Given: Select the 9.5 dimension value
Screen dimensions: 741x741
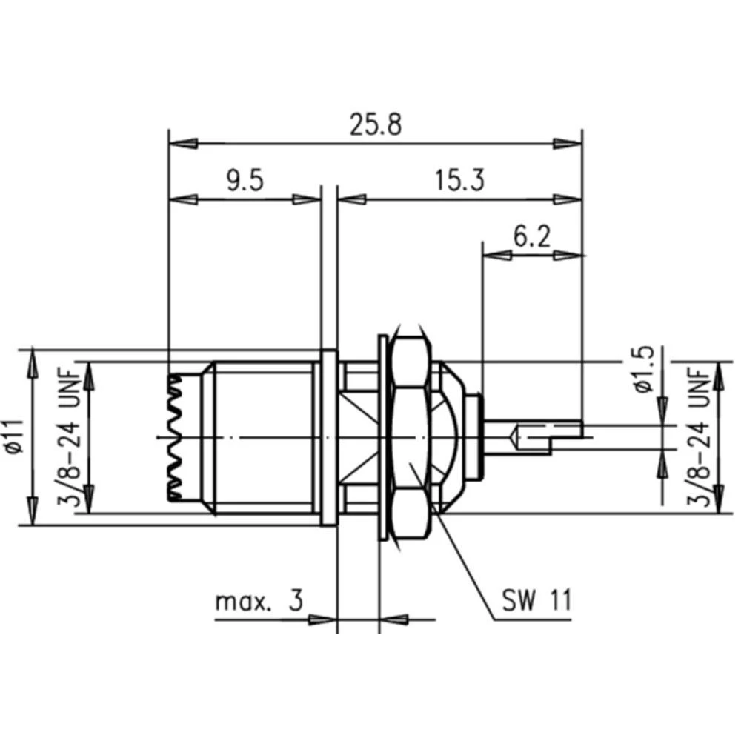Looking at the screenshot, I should point(245,181).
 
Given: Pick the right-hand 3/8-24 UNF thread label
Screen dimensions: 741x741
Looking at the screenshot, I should point(700,437).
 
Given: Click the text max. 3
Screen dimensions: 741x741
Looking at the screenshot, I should point(259,601).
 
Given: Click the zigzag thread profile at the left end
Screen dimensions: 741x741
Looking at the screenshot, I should point(176,437).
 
